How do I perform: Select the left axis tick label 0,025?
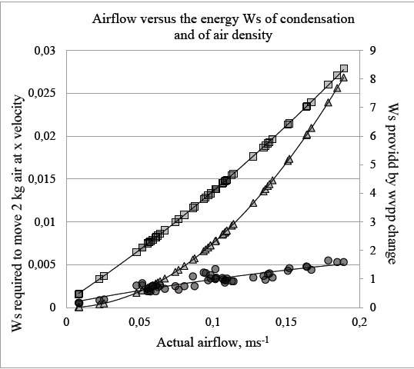(44, 94)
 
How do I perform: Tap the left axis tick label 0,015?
(44, 179)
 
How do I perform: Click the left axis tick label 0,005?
(44, 264)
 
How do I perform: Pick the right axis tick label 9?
(370, 51)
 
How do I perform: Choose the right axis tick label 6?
(370, 136)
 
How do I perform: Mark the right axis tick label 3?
(370, 222)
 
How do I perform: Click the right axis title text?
(392, 181)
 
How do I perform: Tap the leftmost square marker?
(78, 294)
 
